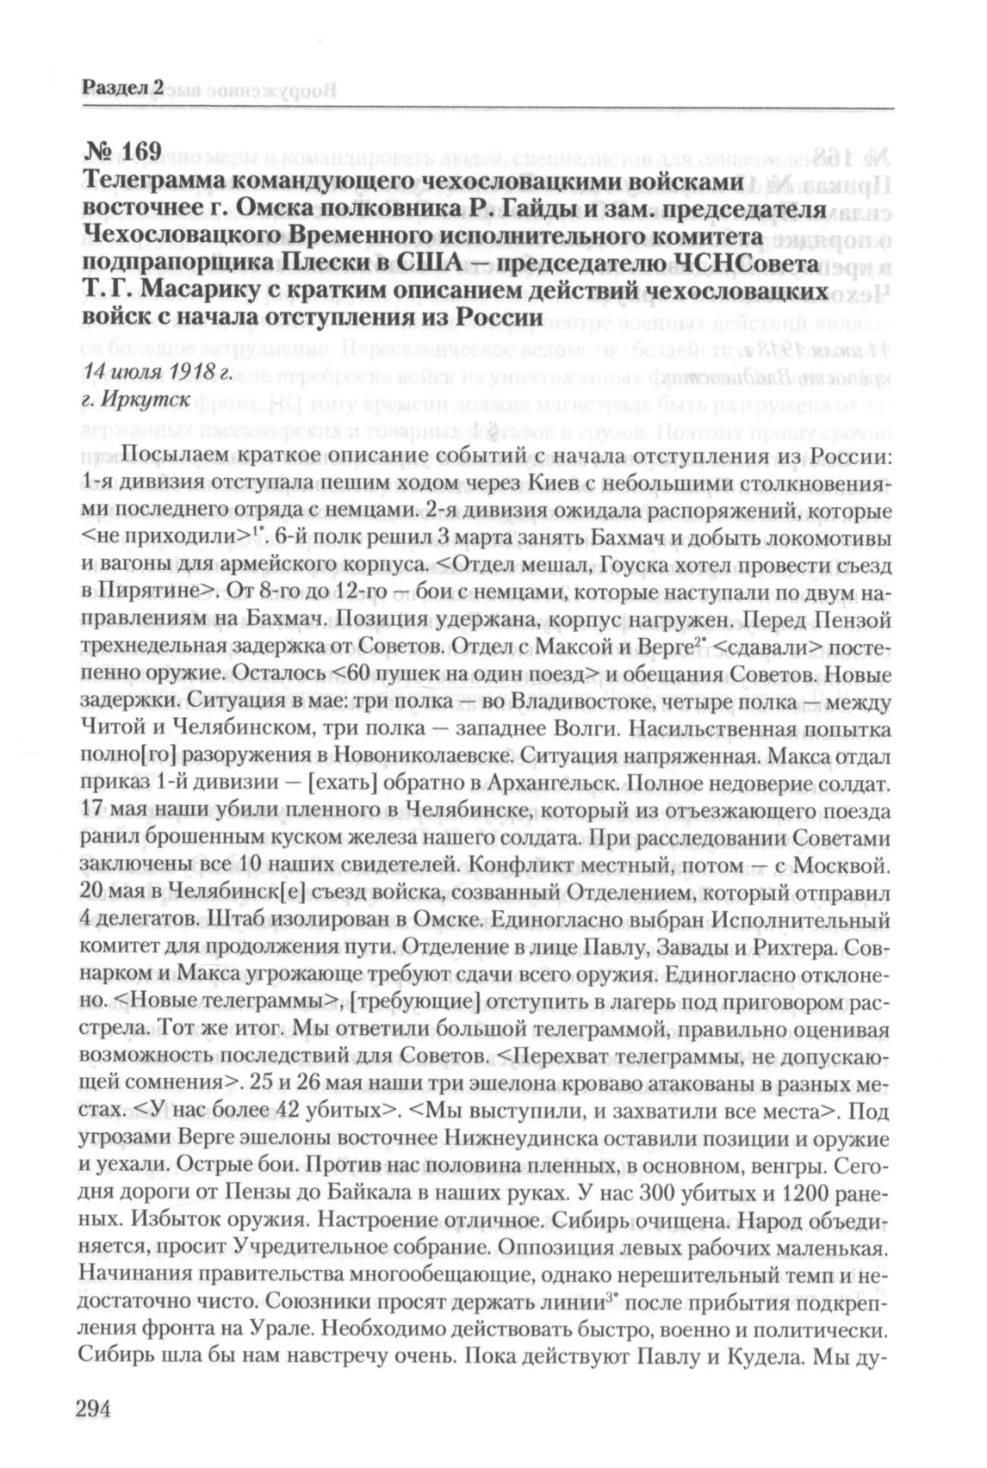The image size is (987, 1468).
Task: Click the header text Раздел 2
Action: tap(123, 86)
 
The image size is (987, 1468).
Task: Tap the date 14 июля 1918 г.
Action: tap(158, 371)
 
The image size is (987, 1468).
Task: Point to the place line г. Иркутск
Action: tap(131, 400)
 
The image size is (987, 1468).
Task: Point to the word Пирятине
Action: tap(154, 593)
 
